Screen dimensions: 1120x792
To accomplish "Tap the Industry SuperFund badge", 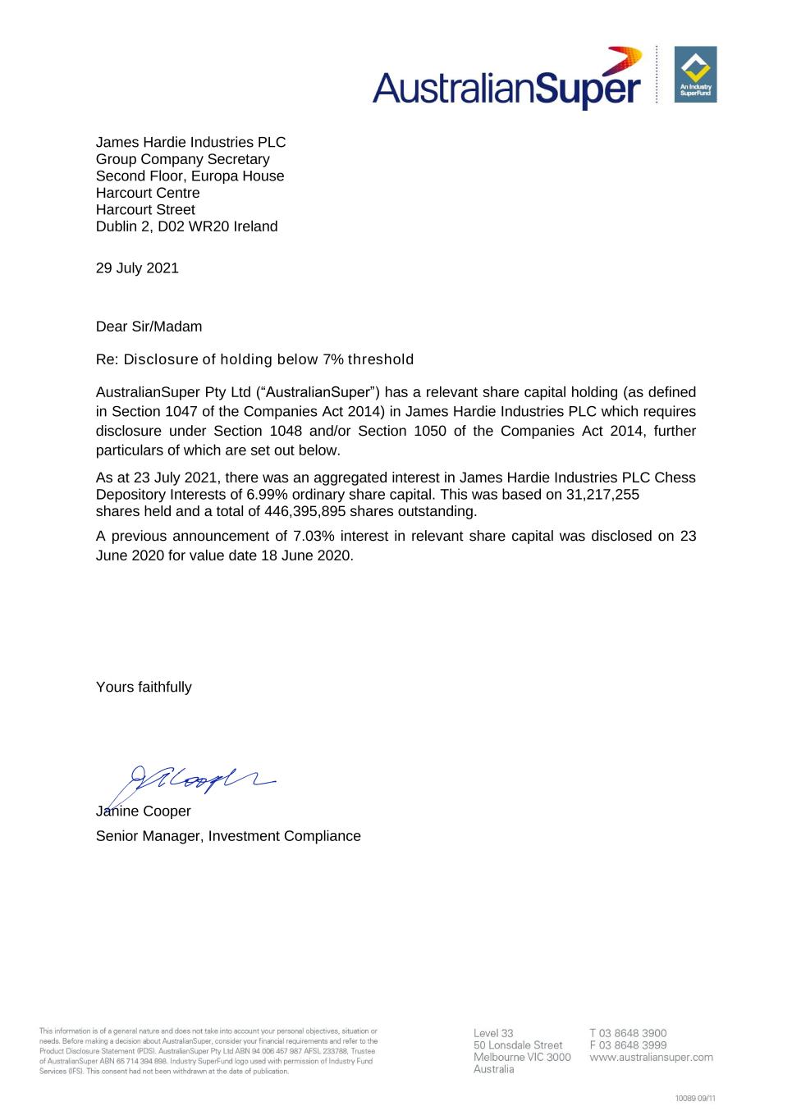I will (695, 75).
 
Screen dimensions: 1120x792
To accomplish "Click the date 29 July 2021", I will (137, 268).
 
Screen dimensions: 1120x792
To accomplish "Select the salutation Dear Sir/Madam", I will (149, 327).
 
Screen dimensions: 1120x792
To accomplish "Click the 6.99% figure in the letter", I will (268, 495).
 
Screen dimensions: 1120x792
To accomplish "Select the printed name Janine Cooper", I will (144, 811).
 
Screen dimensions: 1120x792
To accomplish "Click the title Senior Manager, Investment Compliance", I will (228, 836).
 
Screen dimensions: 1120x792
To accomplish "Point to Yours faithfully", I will (144, 688).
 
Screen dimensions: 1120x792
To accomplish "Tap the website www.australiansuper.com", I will (651, 1058).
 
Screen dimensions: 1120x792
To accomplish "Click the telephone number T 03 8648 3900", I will (628, 1033).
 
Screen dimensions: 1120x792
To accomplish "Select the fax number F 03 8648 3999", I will (628, 1045).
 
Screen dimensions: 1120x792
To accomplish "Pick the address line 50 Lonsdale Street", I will (518, 1045).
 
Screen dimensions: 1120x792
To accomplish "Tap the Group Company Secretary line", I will (182, 159).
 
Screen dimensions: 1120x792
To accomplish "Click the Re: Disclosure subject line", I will (254, 359).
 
